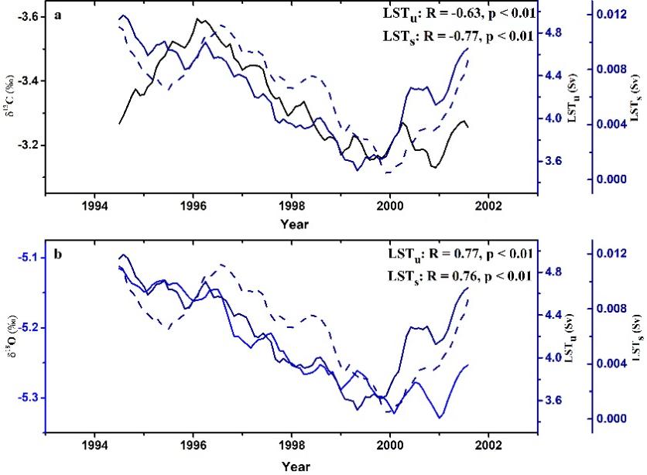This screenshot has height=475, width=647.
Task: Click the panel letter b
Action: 58,255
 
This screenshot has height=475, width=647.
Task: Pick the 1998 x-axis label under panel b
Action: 292,446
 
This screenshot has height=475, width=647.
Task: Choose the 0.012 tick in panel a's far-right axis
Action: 611,15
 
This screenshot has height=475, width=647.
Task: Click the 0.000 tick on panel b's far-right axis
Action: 611,419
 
